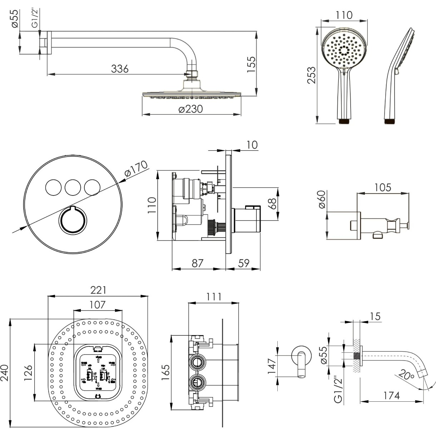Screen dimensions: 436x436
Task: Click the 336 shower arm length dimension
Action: tap(120, 68)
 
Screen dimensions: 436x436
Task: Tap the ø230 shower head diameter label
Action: tap(190, 109)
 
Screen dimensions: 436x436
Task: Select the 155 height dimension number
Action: tap(251, 64)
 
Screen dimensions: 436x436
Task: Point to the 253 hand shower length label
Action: tap(312, 75)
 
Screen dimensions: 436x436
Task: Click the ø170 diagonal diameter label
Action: tap(136, 169)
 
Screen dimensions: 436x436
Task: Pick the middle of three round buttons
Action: tap(73, 187)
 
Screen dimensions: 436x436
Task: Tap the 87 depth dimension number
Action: tap(197, 263)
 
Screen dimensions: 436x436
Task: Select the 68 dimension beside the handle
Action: tap(272, 204)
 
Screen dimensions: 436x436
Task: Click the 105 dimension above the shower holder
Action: tap(383, 187)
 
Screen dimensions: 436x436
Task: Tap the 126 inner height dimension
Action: tap(29, 373)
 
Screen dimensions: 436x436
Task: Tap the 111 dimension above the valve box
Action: tap(214, 297)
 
